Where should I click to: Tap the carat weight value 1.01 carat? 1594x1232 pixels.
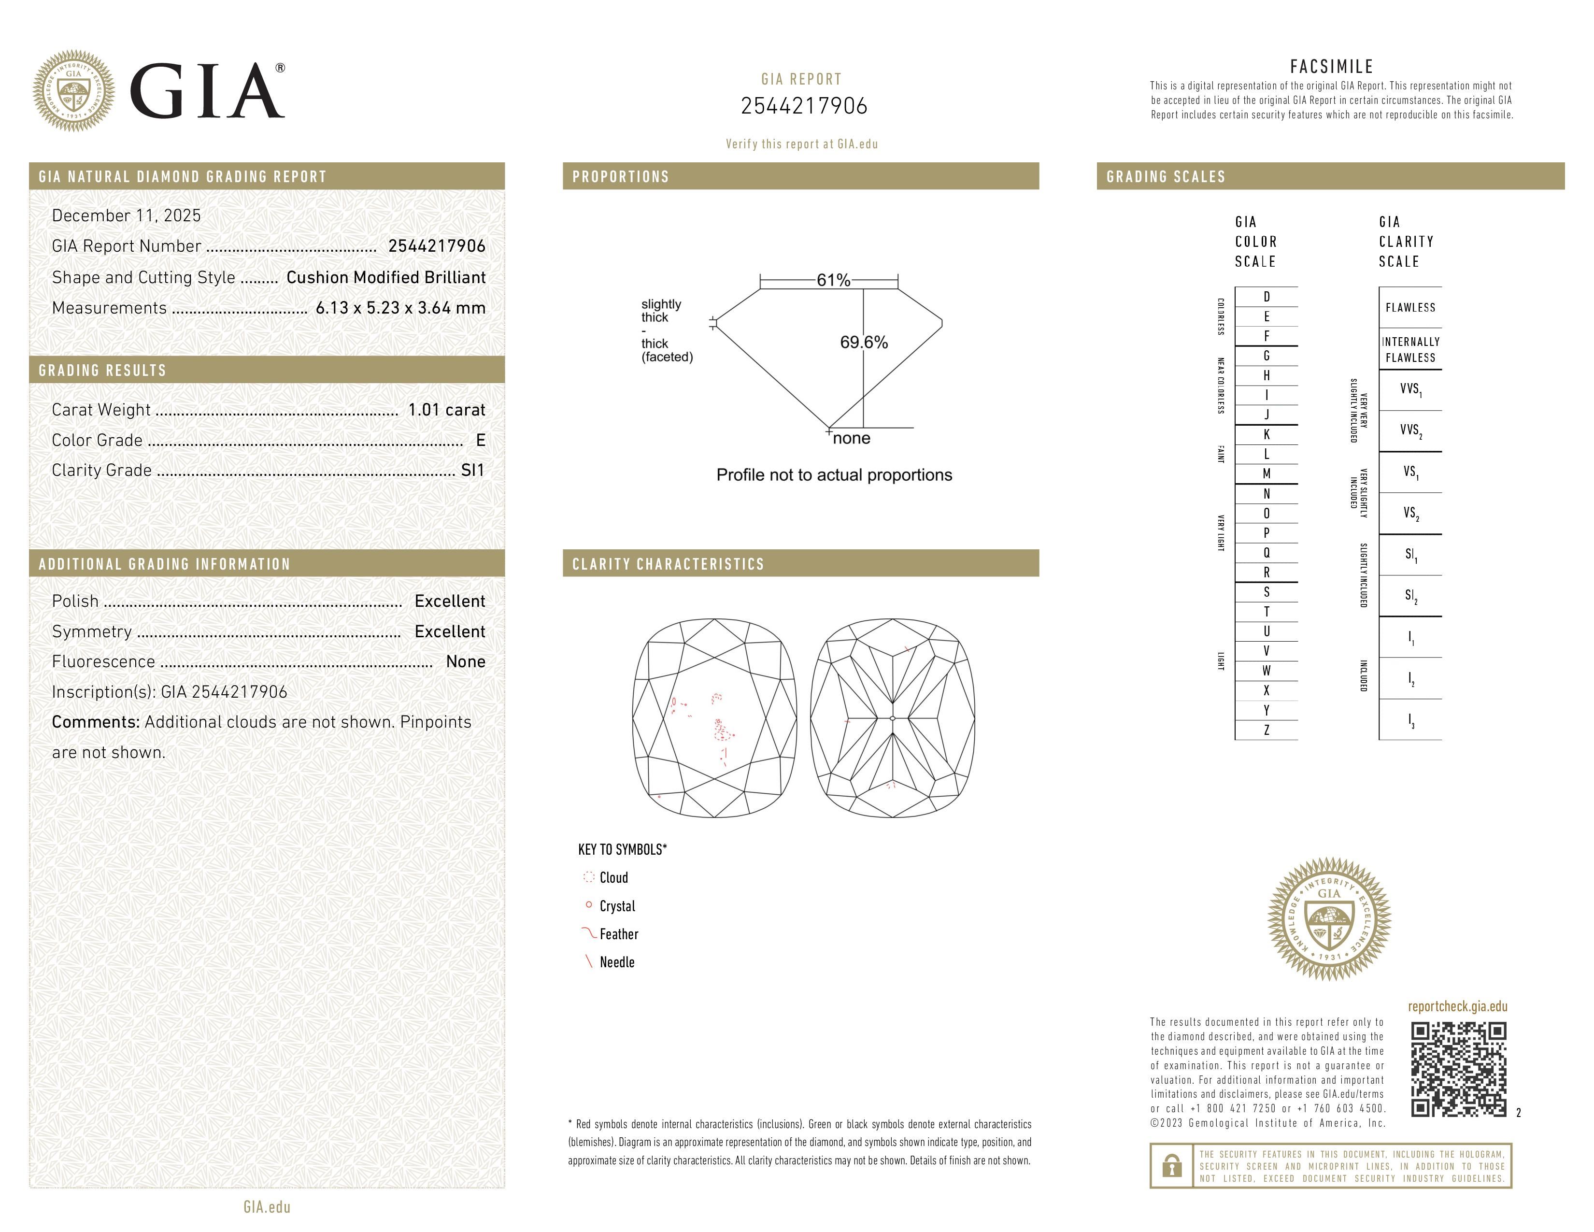pyautogui.click(x=446, y=410)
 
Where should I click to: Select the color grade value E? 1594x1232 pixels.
pyautogui.click(x=480, y=440)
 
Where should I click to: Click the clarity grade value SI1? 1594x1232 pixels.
pyautogui.click(x=472, y=471)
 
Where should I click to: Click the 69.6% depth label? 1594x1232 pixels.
pyautogui.click(x=864, y=343)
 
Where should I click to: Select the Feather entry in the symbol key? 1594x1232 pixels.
pyautogui.click(x=618, y=934)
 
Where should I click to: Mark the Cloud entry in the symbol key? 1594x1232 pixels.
pyautogui.click(x=613, y=878)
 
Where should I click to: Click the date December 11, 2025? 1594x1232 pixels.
pyautogui.click(x=126, y=215)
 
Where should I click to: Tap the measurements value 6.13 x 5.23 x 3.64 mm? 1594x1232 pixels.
pyautogui.click(x=400, y=308)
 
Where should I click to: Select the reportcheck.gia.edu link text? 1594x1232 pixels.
pyautogui.click(x=1457, y=1006)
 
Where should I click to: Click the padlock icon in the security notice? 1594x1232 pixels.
pyautogui.click(x=1171, y=1166)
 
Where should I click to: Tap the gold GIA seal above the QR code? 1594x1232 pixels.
pyautogui.click(x=1329, y=919)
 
